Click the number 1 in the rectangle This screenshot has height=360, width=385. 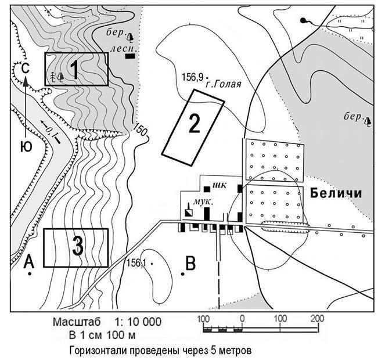click(x=74, y=69)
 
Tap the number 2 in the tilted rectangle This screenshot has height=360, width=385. click(x=193, y=123)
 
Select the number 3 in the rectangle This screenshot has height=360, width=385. click(x=78, y=247)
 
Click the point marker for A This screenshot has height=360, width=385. click(x=28, y=274)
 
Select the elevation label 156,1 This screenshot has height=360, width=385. click(x=136, y=262)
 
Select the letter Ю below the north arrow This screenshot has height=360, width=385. click(x=26, y=147)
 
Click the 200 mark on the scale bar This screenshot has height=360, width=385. click(x=316, y=319)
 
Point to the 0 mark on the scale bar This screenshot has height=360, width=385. click(x=242, y=319)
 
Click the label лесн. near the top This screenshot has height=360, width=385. click(x=118, y=49)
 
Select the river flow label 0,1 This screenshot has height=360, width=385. click(x=52, y=132)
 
